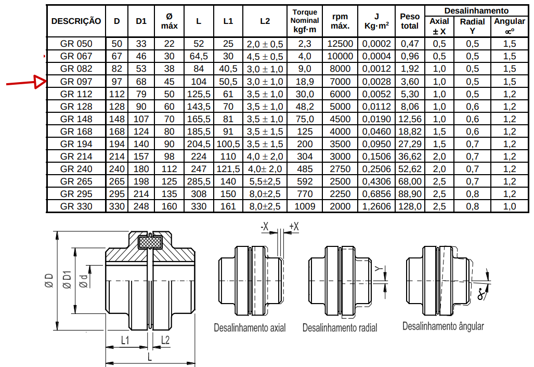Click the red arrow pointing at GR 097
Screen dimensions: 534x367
(27, 82)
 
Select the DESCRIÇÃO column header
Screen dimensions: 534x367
(76, 21)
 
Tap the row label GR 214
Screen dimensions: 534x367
(76, 156)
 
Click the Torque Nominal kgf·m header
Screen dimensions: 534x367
(305, 21)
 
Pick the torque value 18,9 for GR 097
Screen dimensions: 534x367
(305, 82)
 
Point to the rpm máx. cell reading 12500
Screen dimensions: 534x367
(340, 44)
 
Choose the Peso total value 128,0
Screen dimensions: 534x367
(410, 206)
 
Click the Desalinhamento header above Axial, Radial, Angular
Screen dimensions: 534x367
(476, 11)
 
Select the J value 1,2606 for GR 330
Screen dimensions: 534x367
(376, 206)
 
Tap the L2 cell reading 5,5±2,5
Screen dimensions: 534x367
(265, 181)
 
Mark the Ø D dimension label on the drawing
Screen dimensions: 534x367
(49, 281)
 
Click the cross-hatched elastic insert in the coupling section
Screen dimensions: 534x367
(150, 242)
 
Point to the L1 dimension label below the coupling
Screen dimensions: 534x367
(125, 340)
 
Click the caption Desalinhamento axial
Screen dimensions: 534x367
(250, 327)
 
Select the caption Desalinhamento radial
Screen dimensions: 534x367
(340, 327)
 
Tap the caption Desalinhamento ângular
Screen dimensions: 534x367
(443, 326)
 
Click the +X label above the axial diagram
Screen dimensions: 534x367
(294, 227)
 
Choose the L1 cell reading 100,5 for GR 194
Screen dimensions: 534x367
(228, 144)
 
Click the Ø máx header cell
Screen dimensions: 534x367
(170, 21)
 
